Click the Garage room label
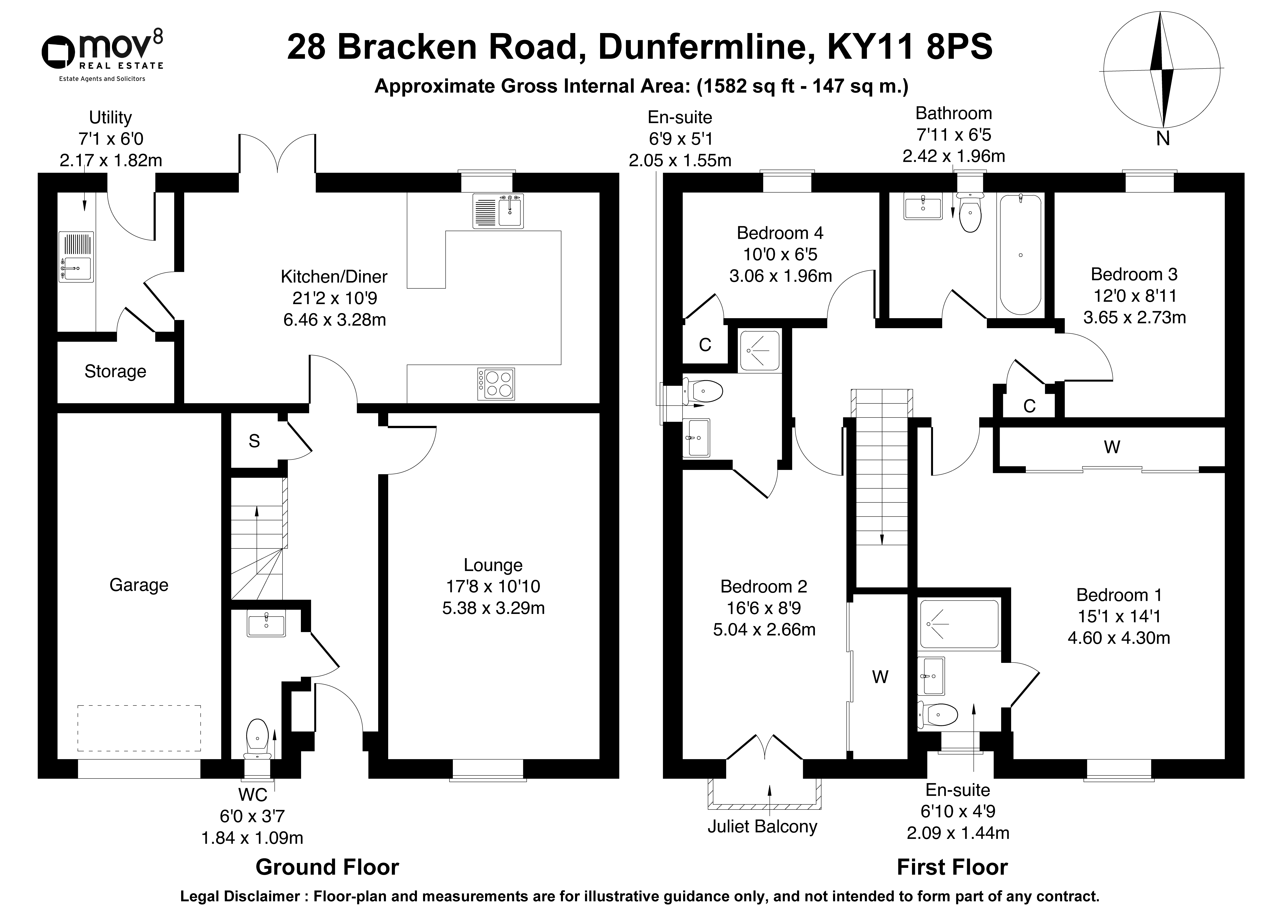(139, 585)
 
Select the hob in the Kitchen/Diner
(496, 384)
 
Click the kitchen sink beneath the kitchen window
(499, 211)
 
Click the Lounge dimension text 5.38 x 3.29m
(493, 608)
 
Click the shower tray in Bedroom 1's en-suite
(959, 624)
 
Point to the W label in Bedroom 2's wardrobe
(880, 677)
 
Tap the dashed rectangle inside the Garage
(139, 728)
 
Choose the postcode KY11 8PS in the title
(910, 47)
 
